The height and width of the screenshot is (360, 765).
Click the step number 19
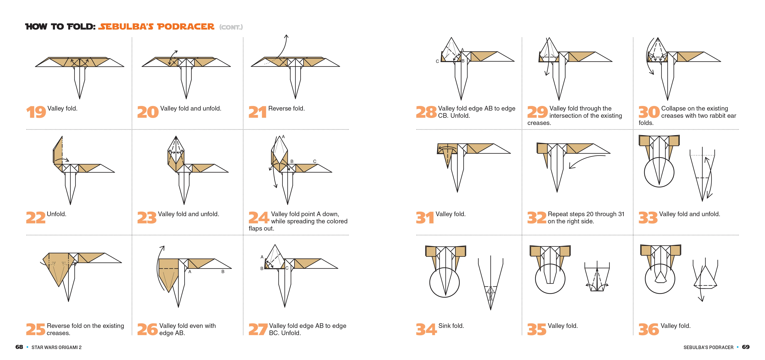coord(36,112)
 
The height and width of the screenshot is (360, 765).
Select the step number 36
coord(649,329)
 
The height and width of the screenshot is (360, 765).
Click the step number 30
coord(649,112)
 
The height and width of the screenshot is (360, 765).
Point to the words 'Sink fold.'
coord(451,326)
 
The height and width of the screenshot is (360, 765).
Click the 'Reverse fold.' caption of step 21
coord(286,108)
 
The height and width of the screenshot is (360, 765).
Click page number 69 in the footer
coord(746,347)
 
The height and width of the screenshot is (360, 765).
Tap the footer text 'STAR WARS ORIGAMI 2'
coord(56,347)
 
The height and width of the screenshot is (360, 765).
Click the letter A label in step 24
coord(283,137)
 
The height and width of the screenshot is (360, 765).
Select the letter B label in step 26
coord(223,271)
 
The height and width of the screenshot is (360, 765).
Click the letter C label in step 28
coord(437,61)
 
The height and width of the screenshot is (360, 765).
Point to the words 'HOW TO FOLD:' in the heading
coord(60,27)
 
